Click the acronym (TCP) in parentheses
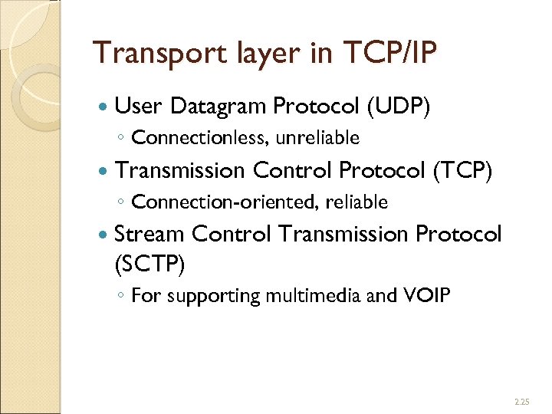[x=464, y=170]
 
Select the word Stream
[x=149, y=233]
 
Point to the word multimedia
[x=310, y=295]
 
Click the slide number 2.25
[x=521, y=401]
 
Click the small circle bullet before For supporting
[x=122, y=297]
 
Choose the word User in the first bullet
[x=140, y=107]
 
